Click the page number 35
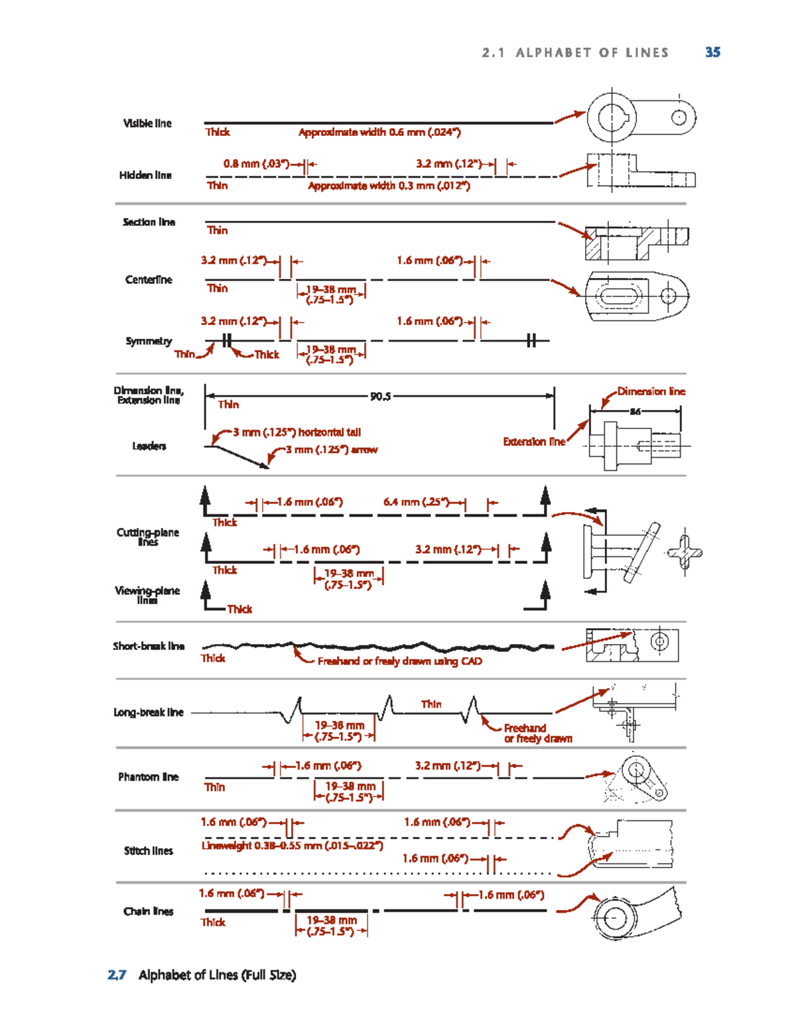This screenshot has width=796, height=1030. [712, 52]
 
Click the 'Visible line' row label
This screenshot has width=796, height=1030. [147, 123]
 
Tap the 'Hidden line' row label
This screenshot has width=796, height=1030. [145, 175]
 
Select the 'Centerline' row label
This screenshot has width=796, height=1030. [149, 280]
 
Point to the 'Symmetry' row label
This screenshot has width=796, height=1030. [149, 341]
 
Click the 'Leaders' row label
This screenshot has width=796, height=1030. [149, 446]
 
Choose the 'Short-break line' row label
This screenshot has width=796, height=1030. [149, 646]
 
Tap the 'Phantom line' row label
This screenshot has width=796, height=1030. [149, 777]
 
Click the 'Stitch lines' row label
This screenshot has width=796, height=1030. [149, 851]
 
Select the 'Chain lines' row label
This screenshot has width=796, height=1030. [149, 911]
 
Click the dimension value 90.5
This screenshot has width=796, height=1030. [380, 397]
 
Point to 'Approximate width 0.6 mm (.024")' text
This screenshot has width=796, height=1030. [379, 132]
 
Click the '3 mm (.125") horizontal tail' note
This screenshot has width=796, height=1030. [297, 432]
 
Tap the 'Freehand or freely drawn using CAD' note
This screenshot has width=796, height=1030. [399, 661]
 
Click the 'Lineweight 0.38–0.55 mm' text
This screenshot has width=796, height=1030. [293, 846]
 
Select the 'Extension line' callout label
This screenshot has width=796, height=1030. [534, 442]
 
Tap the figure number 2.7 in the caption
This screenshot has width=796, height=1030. [117, 975]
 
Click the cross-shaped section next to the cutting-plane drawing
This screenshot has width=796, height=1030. [685, 552]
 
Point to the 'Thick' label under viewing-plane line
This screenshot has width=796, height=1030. [239, 609]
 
